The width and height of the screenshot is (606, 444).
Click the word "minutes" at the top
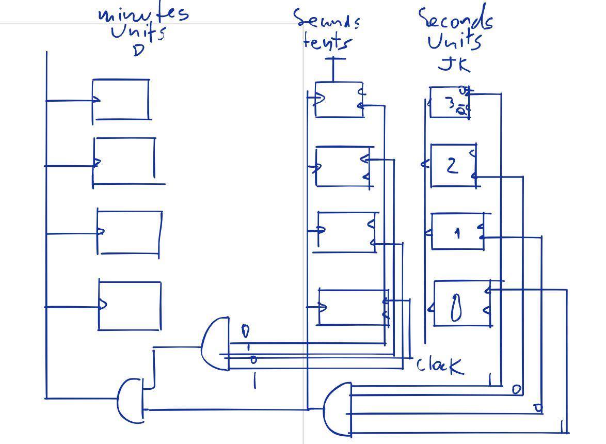[x=143, y=14]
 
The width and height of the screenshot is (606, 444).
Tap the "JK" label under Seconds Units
[x=455, y=65]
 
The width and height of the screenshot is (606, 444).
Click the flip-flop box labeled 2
[x=453, y=166]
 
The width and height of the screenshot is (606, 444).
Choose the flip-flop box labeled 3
[x=450, y=103]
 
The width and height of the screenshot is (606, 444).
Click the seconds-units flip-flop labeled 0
[x=463, y=304]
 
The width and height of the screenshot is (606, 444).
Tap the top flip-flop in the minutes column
[x=121, y=100]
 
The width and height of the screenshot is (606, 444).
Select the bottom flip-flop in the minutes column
[x=130, y=306]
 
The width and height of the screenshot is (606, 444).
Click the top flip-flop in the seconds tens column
[x=339, y=100]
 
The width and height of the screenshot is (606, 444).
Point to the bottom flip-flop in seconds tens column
[x=353, y=307]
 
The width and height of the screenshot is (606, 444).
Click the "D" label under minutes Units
[x=138, y=51]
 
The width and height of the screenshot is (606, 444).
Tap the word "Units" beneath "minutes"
[x=138, y=33]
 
